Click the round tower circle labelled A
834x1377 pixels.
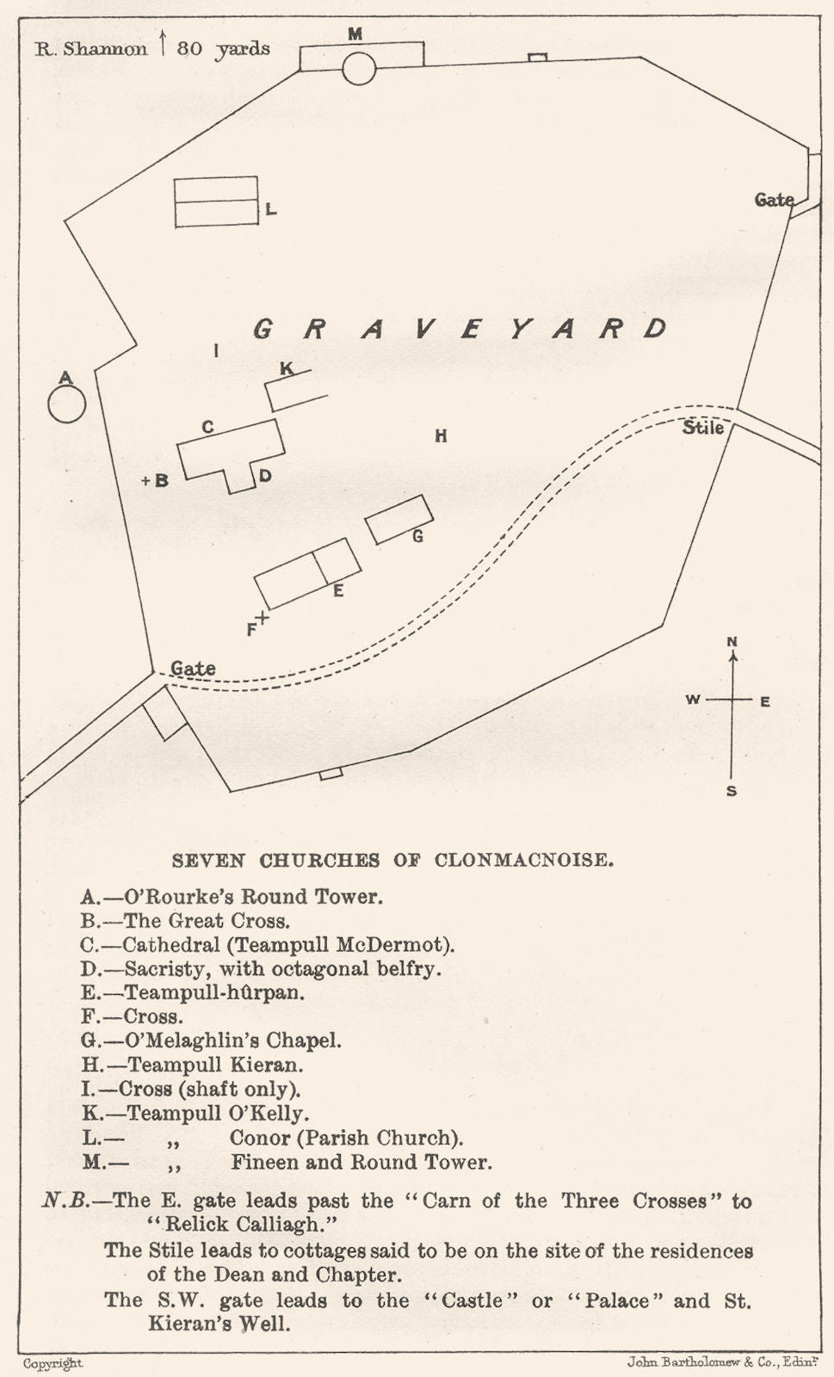(x=66, y=404)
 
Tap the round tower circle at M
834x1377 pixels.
(x=359, y=68)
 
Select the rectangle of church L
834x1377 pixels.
(x=216, y=202)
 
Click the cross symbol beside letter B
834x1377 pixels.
(x=146, y=481)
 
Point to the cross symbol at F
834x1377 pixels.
(x=263, y=617)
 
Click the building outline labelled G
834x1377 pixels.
(x=398, y=519)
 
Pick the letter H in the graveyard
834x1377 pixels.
(x=441, y=436)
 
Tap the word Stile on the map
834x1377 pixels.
(x=703, y=427)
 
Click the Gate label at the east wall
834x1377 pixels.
(x=774, y=200)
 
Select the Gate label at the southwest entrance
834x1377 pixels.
(x=193, y=668)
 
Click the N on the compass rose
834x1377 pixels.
(x=732, y=641)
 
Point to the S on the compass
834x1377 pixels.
(x=732, y=791)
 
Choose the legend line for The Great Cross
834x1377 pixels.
(x=186, y=920)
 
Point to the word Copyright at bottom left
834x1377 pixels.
(x=53, y=1363)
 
